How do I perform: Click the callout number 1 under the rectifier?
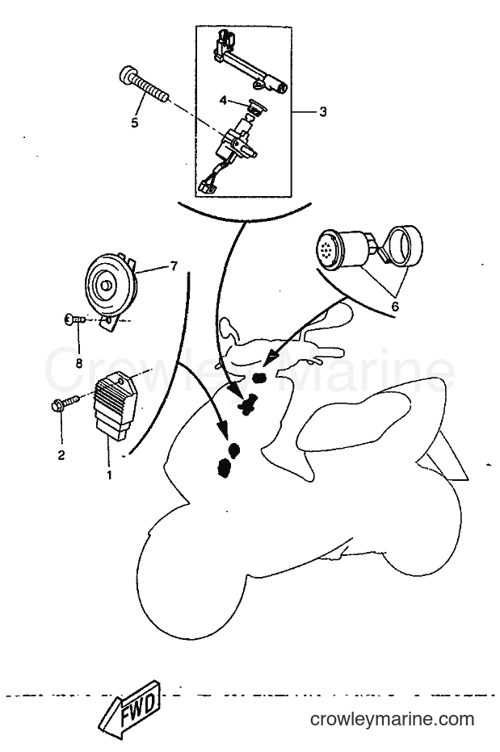[x=109, y=475]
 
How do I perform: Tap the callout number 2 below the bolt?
[x=61, y=454]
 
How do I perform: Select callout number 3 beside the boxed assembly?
[x=323, y=111]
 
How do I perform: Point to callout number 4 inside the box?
[x=223, y=100]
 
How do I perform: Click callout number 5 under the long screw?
[x=134, y=123]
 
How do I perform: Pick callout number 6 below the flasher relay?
[x=395, y=307]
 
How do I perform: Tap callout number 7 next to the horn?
[x=174, y=265]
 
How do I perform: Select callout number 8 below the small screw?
[x=79, y=363]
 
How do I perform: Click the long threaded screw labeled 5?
[x=144, y=86]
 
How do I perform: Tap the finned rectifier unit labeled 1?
[x=116, y=407]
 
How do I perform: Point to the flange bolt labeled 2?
[x=65, y=403]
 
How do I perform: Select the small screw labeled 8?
[x=75, y=319]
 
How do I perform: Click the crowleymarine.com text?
[x=392, y=719]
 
